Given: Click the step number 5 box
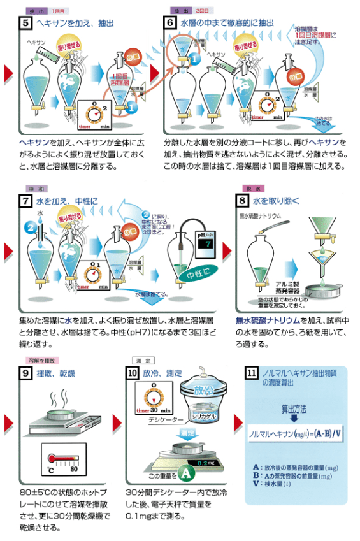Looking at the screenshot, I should click(27, 24).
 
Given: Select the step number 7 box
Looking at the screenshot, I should click(27, 202).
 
